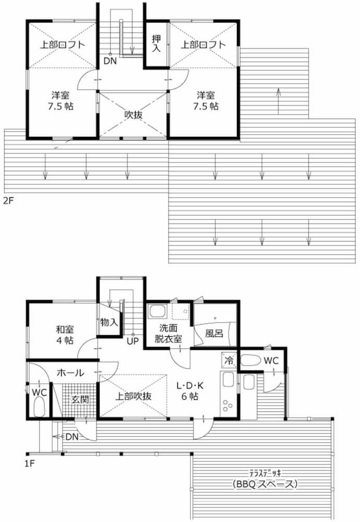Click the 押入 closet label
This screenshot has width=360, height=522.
click(157, 43)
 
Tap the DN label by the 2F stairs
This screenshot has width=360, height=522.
click(110, 61)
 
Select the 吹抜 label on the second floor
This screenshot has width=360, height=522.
click(134, 114)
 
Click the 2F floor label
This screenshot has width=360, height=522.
click(9, 201)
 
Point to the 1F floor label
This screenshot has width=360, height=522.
click(30, 463)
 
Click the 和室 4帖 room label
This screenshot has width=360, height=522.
click(65, 335)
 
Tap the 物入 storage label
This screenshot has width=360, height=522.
click(109, 322)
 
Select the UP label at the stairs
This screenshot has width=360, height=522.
click(133, 341)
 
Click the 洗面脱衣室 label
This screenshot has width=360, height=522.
click(169, 333)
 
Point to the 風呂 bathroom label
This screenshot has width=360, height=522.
click(214, 333)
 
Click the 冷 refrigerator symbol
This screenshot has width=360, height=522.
click(229, 360)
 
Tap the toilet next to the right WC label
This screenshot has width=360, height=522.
click(250, 361)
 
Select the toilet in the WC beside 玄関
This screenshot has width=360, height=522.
click(39, 407)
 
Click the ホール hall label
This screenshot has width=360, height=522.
click(70, 373)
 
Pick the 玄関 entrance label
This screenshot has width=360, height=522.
click(80, 399)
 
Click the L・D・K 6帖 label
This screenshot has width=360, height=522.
click(190, 391)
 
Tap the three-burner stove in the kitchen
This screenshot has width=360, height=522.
click(228, 405)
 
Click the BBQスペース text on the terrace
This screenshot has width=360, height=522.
click(265, 484)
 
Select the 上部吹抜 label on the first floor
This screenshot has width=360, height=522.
click(134, 396)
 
